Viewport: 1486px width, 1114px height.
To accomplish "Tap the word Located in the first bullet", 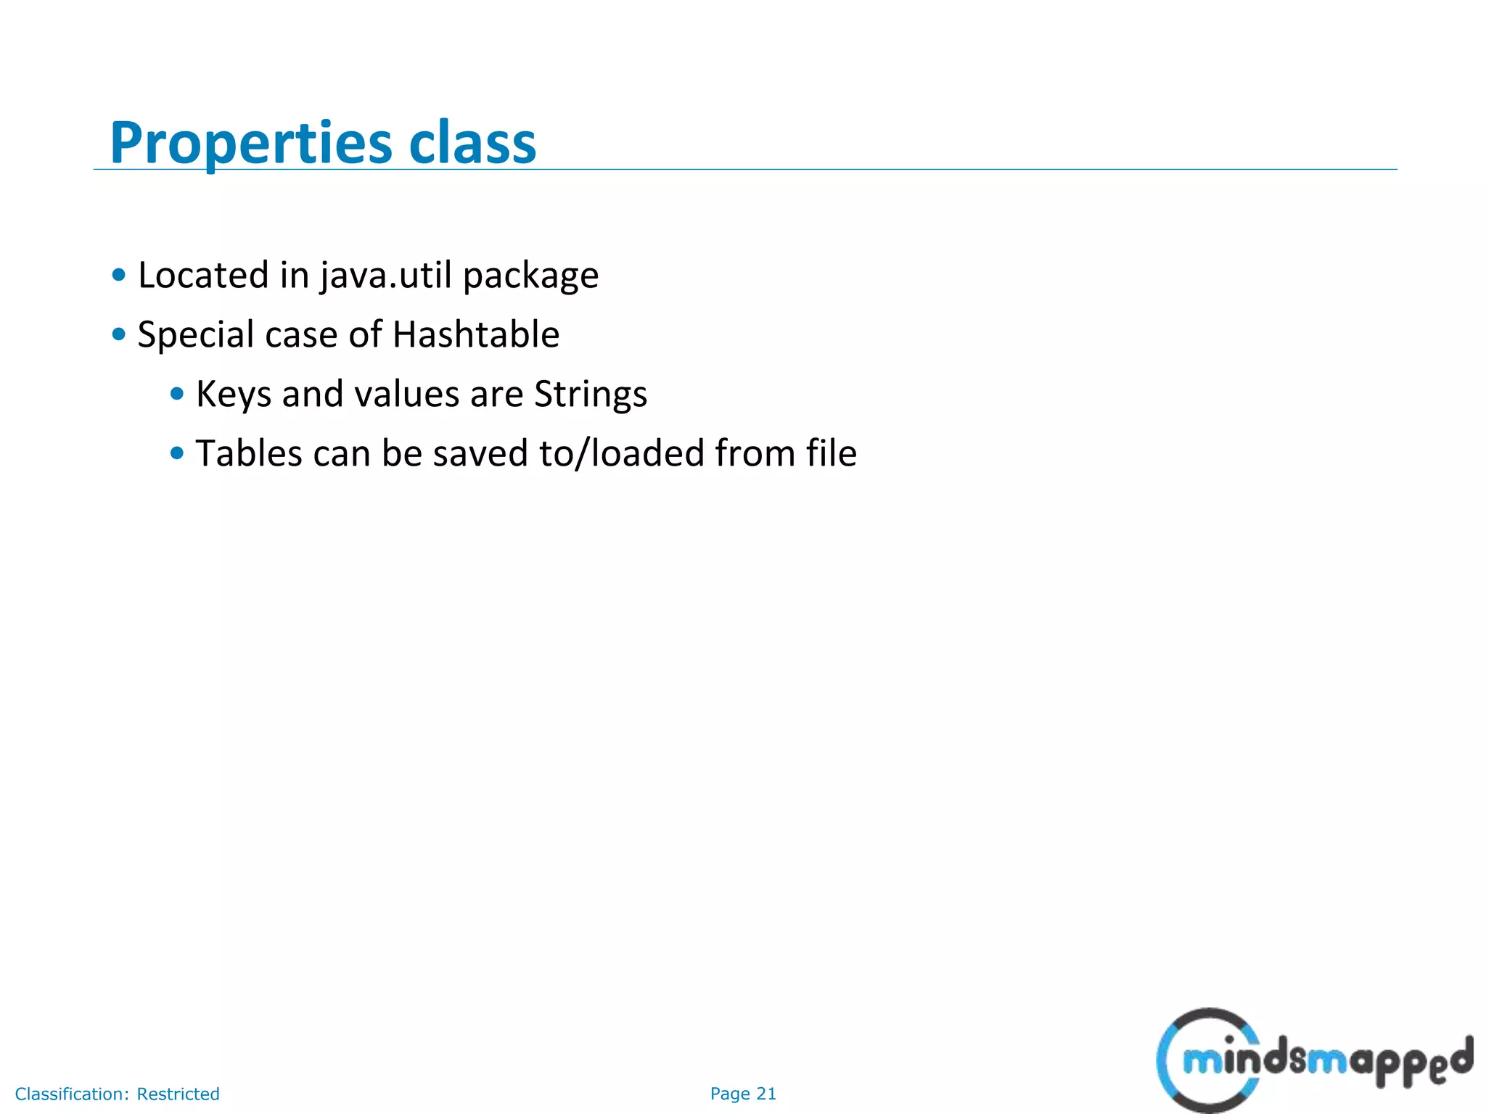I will tap(203, 276).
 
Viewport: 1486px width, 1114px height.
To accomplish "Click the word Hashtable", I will tap(476, 334).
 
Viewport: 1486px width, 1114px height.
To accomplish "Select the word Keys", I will tap(234, 395).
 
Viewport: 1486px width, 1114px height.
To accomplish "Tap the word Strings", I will tap(591, 395).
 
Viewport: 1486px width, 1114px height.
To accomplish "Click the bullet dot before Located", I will tap(119, 276).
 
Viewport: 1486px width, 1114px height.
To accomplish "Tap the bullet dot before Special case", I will tap(119, 335).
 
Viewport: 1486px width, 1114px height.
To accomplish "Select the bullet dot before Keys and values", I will tap(177, 395).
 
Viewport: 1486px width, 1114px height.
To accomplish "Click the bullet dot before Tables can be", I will tap(177, 454).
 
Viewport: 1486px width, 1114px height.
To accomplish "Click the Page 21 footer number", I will tap(743, 1094).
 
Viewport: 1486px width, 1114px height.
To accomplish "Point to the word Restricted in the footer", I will tap(178, 1094).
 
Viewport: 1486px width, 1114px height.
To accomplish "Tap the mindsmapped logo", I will tap(1313, 1060).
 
